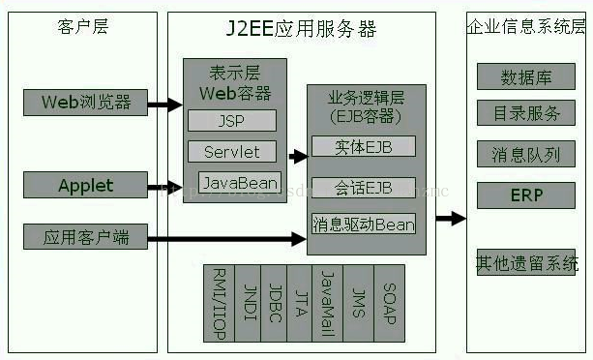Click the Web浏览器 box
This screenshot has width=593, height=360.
click(85, 101)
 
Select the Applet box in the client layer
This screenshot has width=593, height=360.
click(85, 185)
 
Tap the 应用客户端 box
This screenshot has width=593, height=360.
click(85, 236)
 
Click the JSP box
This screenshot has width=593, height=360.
click(231, 120)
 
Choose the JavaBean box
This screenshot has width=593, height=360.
click(240, 182)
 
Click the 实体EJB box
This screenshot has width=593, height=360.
click(363, 146)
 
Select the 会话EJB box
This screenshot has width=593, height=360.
click(363, 187)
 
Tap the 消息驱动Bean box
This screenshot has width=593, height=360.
click(363, 225)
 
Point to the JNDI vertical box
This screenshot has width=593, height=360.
click(249, 302)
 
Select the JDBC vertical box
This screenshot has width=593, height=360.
click(276, 302)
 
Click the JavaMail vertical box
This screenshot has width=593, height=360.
click(330, 302)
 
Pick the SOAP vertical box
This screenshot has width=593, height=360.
click(388, 302)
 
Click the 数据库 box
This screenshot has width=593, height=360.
click(526, 77)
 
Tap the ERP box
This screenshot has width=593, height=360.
click(526, 195)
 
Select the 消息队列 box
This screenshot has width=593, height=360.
click(526, 153)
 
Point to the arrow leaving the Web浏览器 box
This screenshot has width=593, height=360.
click(164, 103)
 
